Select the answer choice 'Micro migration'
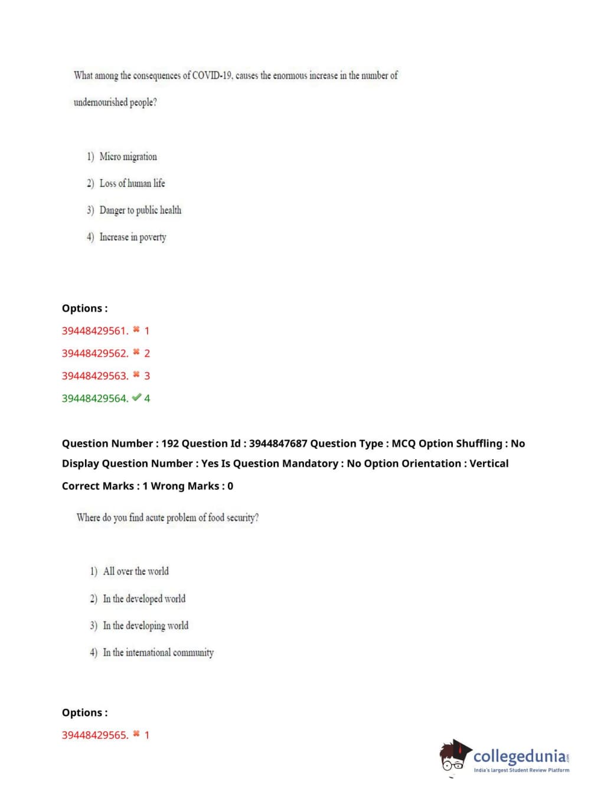click(x=128, y=157)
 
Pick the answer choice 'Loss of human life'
click(x=132, y=183)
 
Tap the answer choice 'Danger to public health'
click(x=141, y=210)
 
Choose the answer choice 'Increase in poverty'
click(x=133, y=237)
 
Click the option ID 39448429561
click(x=94, y=331)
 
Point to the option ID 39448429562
click(x=94, y=353)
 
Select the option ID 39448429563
click(x=94, y=376)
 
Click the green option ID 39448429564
click(x=94, y=398)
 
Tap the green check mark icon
click(x=136, y=398)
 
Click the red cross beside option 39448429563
click(x=136, y=375)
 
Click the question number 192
click(x=170, y=444)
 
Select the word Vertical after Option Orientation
click(x=489, y=464)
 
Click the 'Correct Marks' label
click(x=98, y=486)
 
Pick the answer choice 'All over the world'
click(x=136, y=571)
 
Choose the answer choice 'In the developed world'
click(x=144, y=598)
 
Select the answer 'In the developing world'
click(x=146, y=626)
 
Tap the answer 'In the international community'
click(x=158, y=653)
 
